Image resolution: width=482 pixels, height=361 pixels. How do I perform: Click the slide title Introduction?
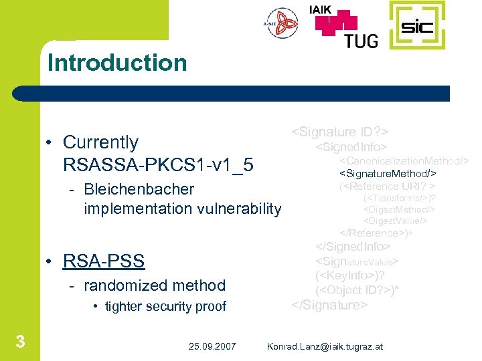pos(117,63)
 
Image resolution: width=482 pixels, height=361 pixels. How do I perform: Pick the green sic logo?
pos(416,27)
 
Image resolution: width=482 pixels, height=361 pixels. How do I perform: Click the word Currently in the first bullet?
pos(100,142)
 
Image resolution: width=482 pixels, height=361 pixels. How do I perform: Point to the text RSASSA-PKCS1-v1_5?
pos(158,164)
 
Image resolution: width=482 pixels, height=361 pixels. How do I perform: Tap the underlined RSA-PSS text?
pos(103,260)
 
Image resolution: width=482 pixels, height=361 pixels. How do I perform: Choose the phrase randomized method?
pos(155,285)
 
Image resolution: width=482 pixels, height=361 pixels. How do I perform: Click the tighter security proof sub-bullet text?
pos(165,307)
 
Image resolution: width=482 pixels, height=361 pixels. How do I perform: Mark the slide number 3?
pos(21,342)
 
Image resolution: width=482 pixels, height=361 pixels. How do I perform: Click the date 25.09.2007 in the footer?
pos(212,346)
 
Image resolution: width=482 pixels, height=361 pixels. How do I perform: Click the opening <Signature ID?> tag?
pos(340,131)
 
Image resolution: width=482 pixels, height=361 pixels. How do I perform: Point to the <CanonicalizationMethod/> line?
pos(403,161)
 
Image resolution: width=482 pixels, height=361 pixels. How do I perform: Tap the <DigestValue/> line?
pos(395,221)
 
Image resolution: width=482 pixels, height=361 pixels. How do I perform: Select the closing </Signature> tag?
pos(329,305)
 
